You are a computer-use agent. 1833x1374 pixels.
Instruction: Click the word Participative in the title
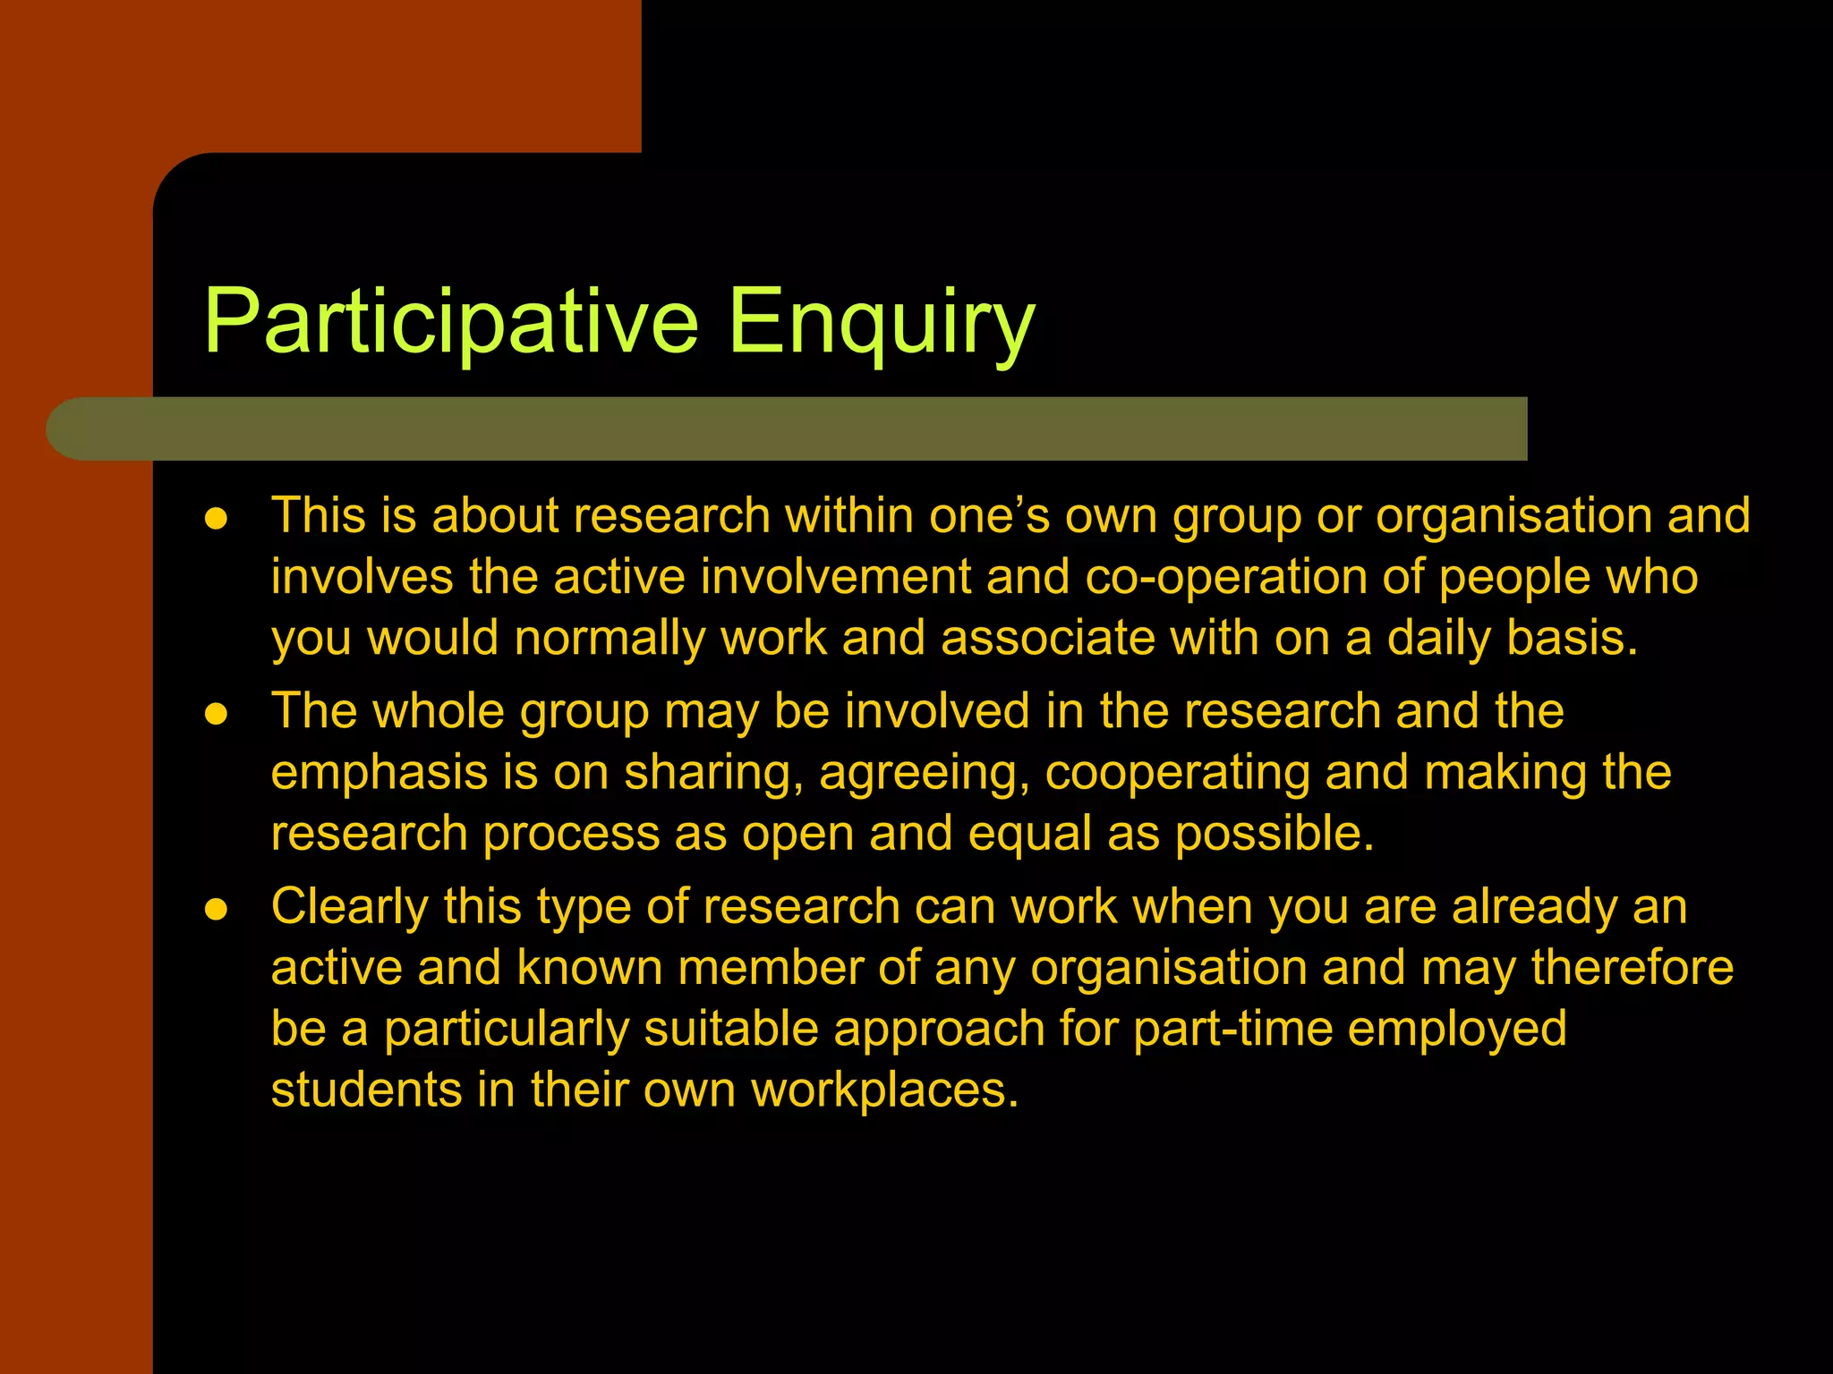click(450, 322)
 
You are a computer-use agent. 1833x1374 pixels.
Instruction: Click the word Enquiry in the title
click(881, 322)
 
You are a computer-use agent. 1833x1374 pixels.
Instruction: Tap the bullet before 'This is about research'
click(216, 520)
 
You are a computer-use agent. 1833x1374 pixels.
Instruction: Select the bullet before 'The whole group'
click(216, 715)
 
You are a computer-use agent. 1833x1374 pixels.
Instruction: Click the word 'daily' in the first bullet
click(1439, 639)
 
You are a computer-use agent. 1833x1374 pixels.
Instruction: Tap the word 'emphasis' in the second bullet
click(379, 773)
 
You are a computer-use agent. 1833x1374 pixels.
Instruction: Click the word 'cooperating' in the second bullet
click(1177, 773)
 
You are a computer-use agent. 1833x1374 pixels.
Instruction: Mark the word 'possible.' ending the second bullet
click(1274, 835)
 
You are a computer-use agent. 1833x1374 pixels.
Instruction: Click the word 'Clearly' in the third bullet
click(350, 907)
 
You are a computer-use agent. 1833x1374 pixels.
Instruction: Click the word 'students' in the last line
click(366, 1090)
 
